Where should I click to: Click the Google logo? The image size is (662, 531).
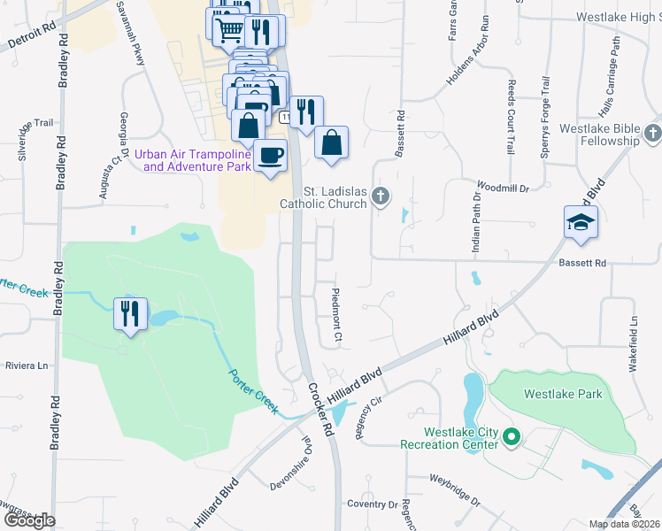(x=28, y=520)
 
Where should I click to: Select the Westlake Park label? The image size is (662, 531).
(x=574, y=394)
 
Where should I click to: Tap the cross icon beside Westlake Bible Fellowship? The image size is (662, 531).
(x=652, y=134)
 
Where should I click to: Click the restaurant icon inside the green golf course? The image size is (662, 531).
(x=129, y=313)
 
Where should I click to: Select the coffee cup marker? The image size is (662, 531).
(x=270, y=157)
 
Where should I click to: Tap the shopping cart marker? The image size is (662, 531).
(x=229, y=31)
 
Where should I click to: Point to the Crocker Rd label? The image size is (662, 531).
(x=319, y=408)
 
